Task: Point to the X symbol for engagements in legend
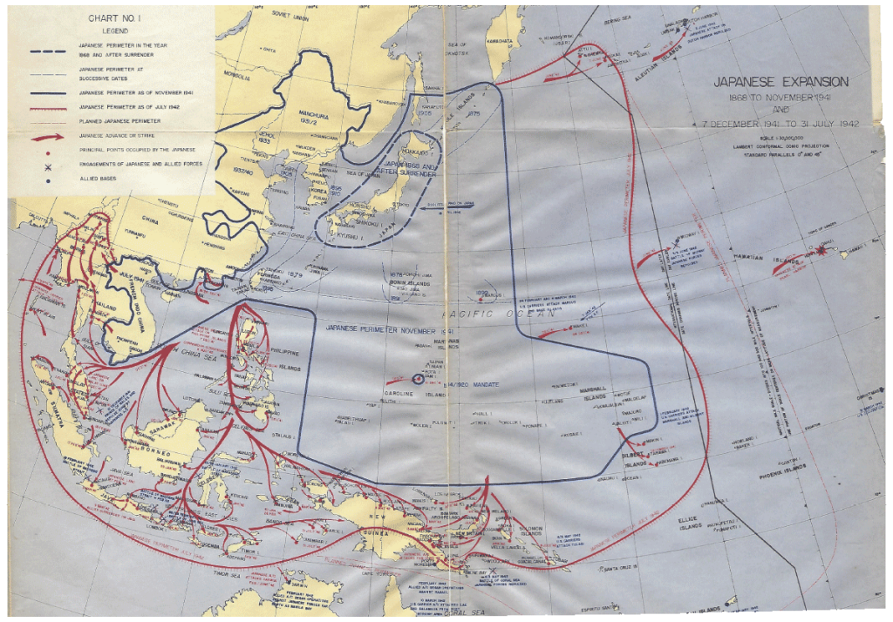(x=37, y=166)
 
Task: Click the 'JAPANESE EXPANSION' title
(x=781, y=82)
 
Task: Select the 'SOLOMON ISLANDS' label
(x=533, y=532)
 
